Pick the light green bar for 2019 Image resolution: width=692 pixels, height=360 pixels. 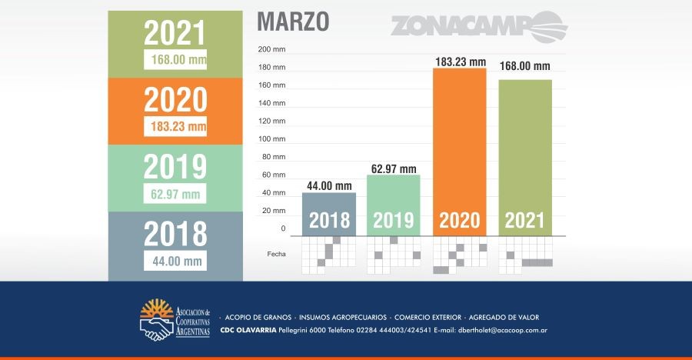(x=394, y=204)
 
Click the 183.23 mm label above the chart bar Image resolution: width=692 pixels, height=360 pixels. (x=460, y=61)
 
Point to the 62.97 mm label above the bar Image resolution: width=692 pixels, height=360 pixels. (x=393, y=168)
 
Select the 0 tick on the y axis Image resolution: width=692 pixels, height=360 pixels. (x=282, y=228)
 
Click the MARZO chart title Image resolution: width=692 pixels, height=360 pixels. (x=293, y=22)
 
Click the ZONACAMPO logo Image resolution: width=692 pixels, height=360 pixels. (x=478, y=27)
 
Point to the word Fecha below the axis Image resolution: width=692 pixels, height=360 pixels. (x=276, y=253)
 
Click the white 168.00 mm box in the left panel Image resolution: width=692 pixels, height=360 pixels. (x=176, y=59)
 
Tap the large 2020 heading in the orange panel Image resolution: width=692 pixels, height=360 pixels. (x=176, y=100)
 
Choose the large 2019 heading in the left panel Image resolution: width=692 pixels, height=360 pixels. (x=176, y=167)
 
